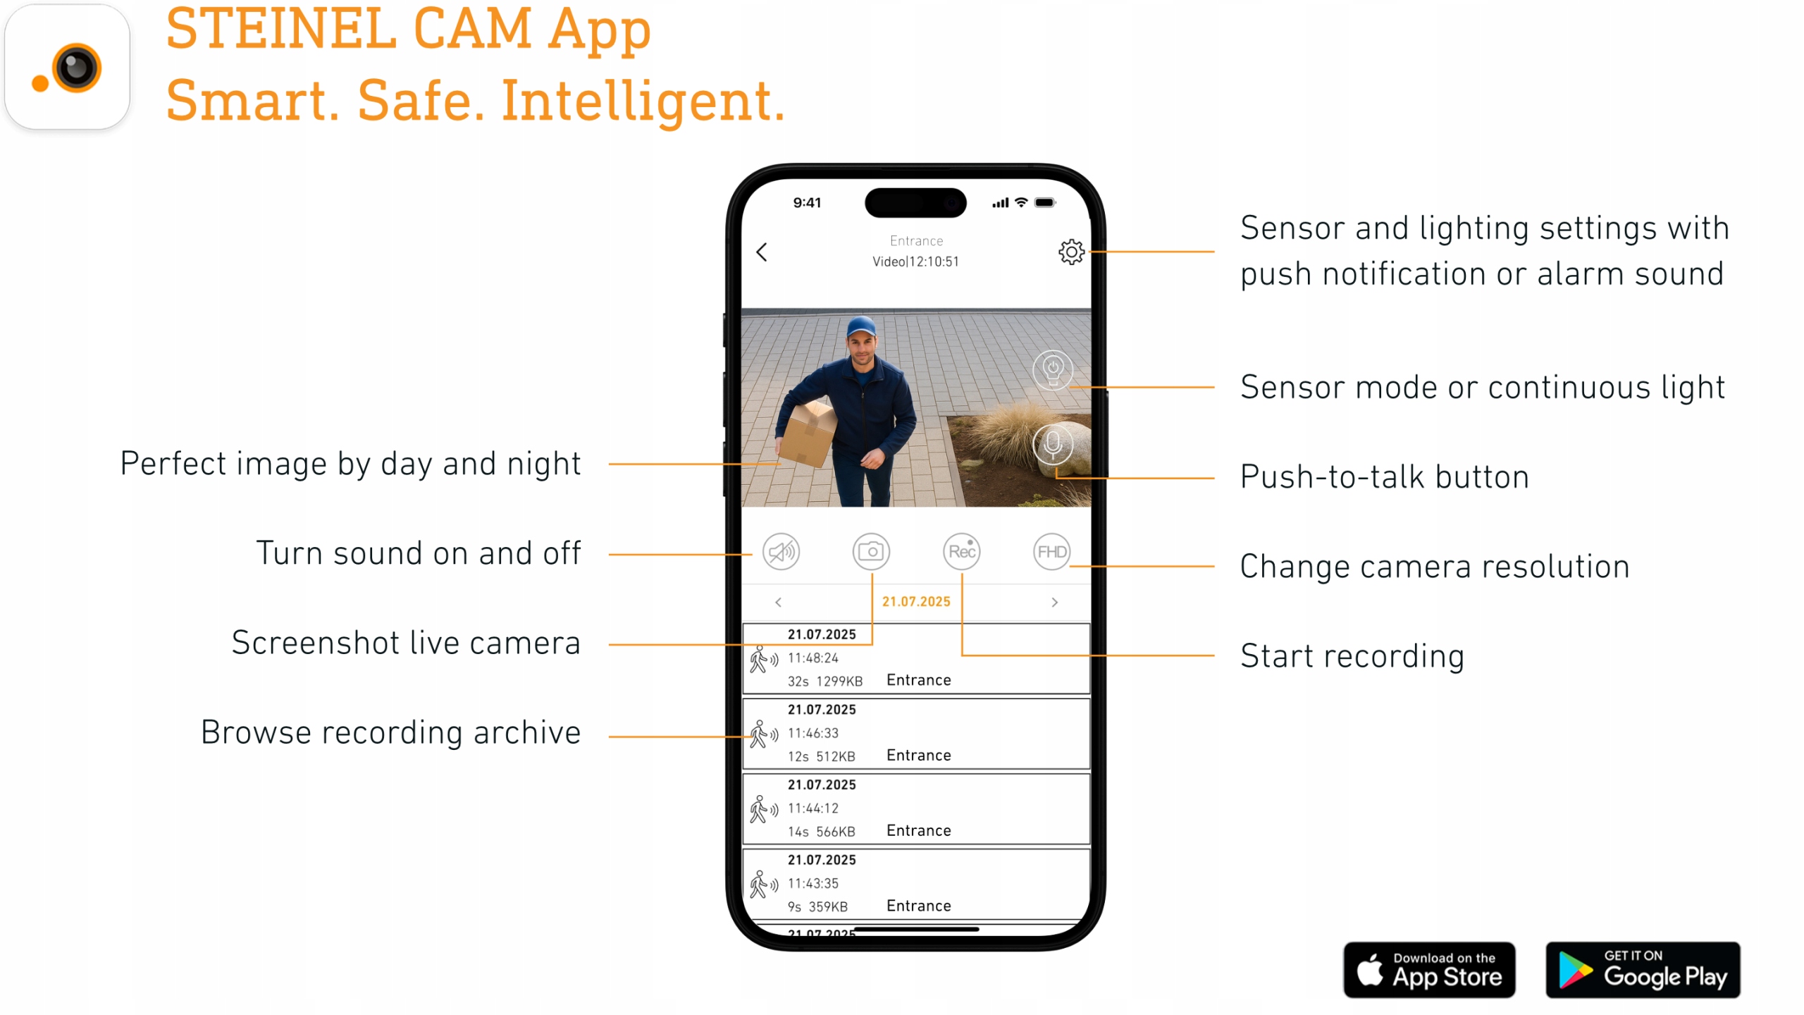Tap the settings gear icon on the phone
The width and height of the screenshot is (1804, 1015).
click(1070, 252)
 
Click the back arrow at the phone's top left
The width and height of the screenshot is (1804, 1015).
click(762, 252)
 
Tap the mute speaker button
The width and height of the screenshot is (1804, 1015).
click(781, 551)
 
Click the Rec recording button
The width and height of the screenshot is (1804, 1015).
click(961, 551)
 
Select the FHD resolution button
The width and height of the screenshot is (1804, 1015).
click(1051, 551)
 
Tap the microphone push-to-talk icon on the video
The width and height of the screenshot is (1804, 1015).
click(1053, 444)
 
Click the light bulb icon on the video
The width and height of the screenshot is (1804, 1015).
click(1053, 369)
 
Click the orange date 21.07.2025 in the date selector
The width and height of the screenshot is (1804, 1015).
click(916, 601)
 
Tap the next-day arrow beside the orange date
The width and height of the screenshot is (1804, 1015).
click(1054, 602)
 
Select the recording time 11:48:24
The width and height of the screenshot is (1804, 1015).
click(813, 658)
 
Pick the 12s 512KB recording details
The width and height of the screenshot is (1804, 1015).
click(821, 756)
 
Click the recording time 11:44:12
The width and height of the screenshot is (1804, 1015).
click(813, 808)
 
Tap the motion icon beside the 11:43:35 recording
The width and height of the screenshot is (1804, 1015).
click(763, 884)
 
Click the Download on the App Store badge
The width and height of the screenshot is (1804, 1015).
click(1429, 970)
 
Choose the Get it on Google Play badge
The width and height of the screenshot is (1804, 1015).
click(1643, 970)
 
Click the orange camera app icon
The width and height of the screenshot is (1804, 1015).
click(68, 67)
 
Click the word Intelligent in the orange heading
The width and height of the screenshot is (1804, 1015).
click(643, 101)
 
